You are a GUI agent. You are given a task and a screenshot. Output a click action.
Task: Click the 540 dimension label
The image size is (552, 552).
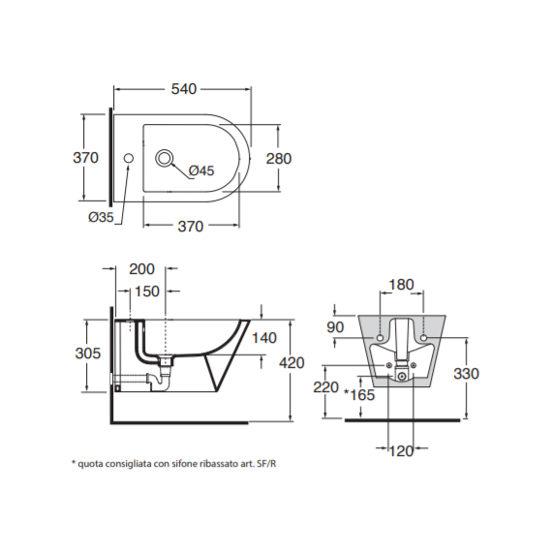click(184, 89)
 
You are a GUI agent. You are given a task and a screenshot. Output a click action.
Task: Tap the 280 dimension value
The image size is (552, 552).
click(279, 159)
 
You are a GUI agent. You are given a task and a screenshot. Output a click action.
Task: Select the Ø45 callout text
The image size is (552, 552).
click(201, 170)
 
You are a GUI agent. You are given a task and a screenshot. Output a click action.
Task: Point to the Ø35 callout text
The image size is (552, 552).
click(101, 217)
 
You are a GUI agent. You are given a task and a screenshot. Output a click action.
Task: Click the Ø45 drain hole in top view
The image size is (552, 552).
click(164, 158)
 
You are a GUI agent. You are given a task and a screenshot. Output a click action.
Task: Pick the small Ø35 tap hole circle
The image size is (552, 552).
click(129, 158)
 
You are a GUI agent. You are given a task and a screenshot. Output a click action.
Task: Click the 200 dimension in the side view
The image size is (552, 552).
click(141, 269)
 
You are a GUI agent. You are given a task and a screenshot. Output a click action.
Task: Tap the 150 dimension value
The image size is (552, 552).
click(147, 291)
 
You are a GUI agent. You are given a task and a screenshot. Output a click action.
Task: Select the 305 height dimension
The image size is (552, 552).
click(88, 353)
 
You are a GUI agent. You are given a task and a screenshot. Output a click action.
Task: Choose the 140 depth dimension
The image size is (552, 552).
click(264, 338)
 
